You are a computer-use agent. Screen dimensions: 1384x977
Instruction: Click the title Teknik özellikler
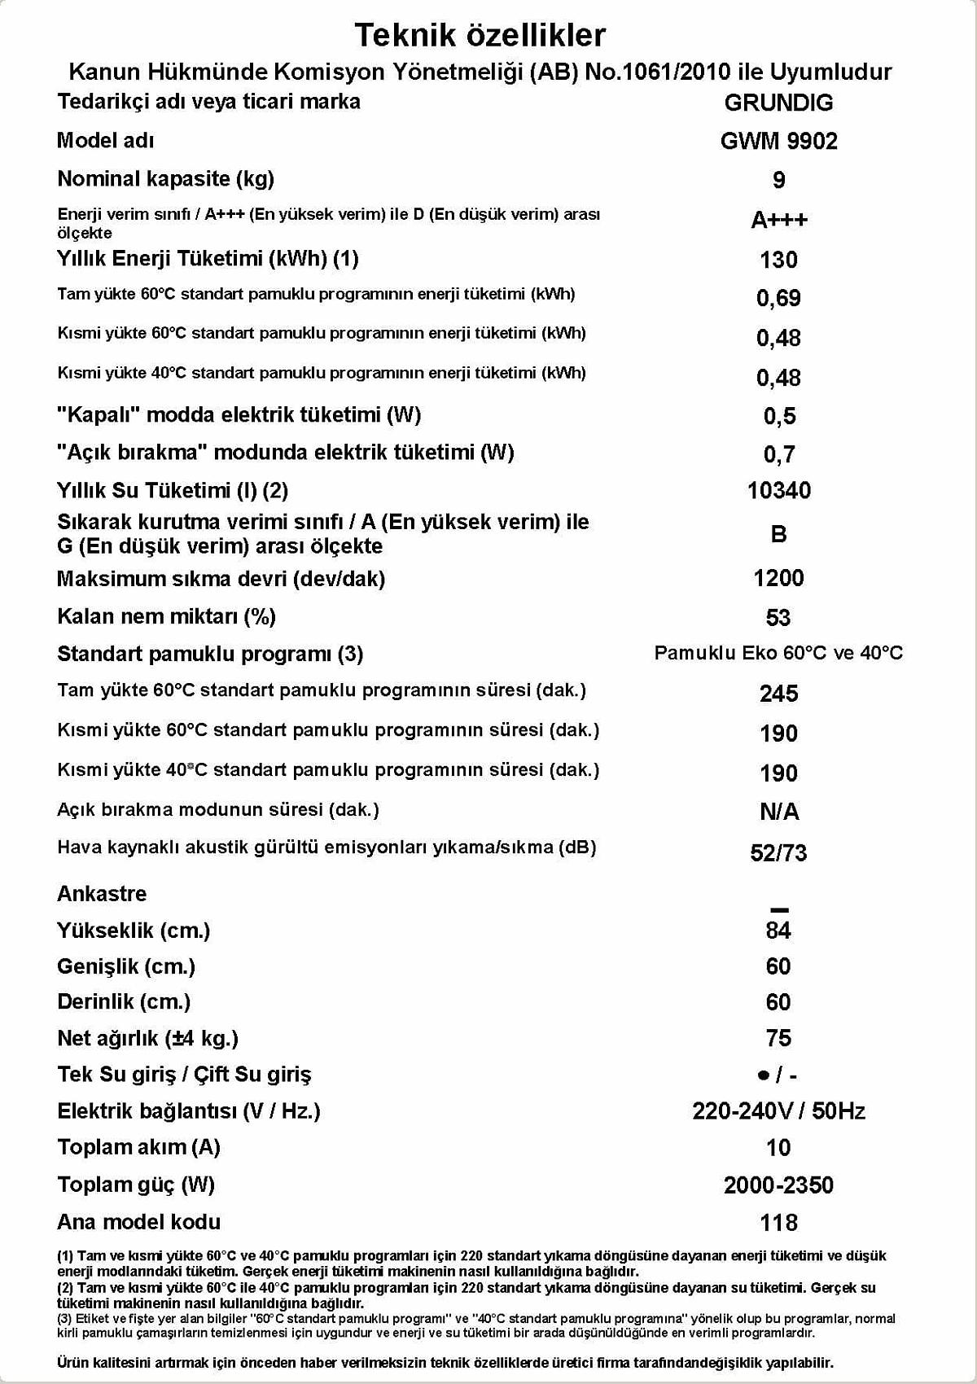pos(480,35)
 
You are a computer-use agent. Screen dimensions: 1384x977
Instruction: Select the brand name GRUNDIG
pos(778,103)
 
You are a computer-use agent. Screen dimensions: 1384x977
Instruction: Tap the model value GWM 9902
pos(778,141)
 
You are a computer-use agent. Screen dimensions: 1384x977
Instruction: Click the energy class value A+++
pos(778,220)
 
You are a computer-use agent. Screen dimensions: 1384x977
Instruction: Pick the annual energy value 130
pos(778,260)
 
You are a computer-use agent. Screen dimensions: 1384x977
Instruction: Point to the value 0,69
pos(778,298)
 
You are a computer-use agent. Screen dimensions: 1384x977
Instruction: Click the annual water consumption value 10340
pos(778,490)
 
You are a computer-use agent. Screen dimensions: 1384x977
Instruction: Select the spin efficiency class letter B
pos(778,534)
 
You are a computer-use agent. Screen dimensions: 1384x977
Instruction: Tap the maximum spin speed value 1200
pos(778,578)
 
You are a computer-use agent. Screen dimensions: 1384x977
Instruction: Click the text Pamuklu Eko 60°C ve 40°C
pos(778,653)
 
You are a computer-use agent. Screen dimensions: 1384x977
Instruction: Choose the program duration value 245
pos(778,694)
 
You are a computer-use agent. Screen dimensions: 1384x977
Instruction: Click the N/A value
pos(778,812)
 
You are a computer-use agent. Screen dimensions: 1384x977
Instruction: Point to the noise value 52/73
pos(778,852)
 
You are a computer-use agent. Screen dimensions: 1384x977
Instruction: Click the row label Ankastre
pos(102,893)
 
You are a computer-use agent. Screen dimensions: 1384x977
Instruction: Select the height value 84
pos(778,931)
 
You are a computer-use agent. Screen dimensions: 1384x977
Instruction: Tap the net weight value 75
pos(778,1038)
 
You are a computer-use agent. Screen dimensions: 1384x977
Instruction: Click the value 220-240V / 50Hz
pos(778,1110)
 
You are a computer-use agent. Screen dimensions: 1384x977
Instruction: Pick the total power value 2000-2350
pos(778,1185)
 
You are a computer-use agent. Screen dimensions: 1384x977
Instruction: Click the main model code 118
pos(778,1222)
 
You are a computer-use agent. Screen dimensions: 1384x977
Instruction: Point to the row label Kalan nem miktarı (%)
pos(166,616)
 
